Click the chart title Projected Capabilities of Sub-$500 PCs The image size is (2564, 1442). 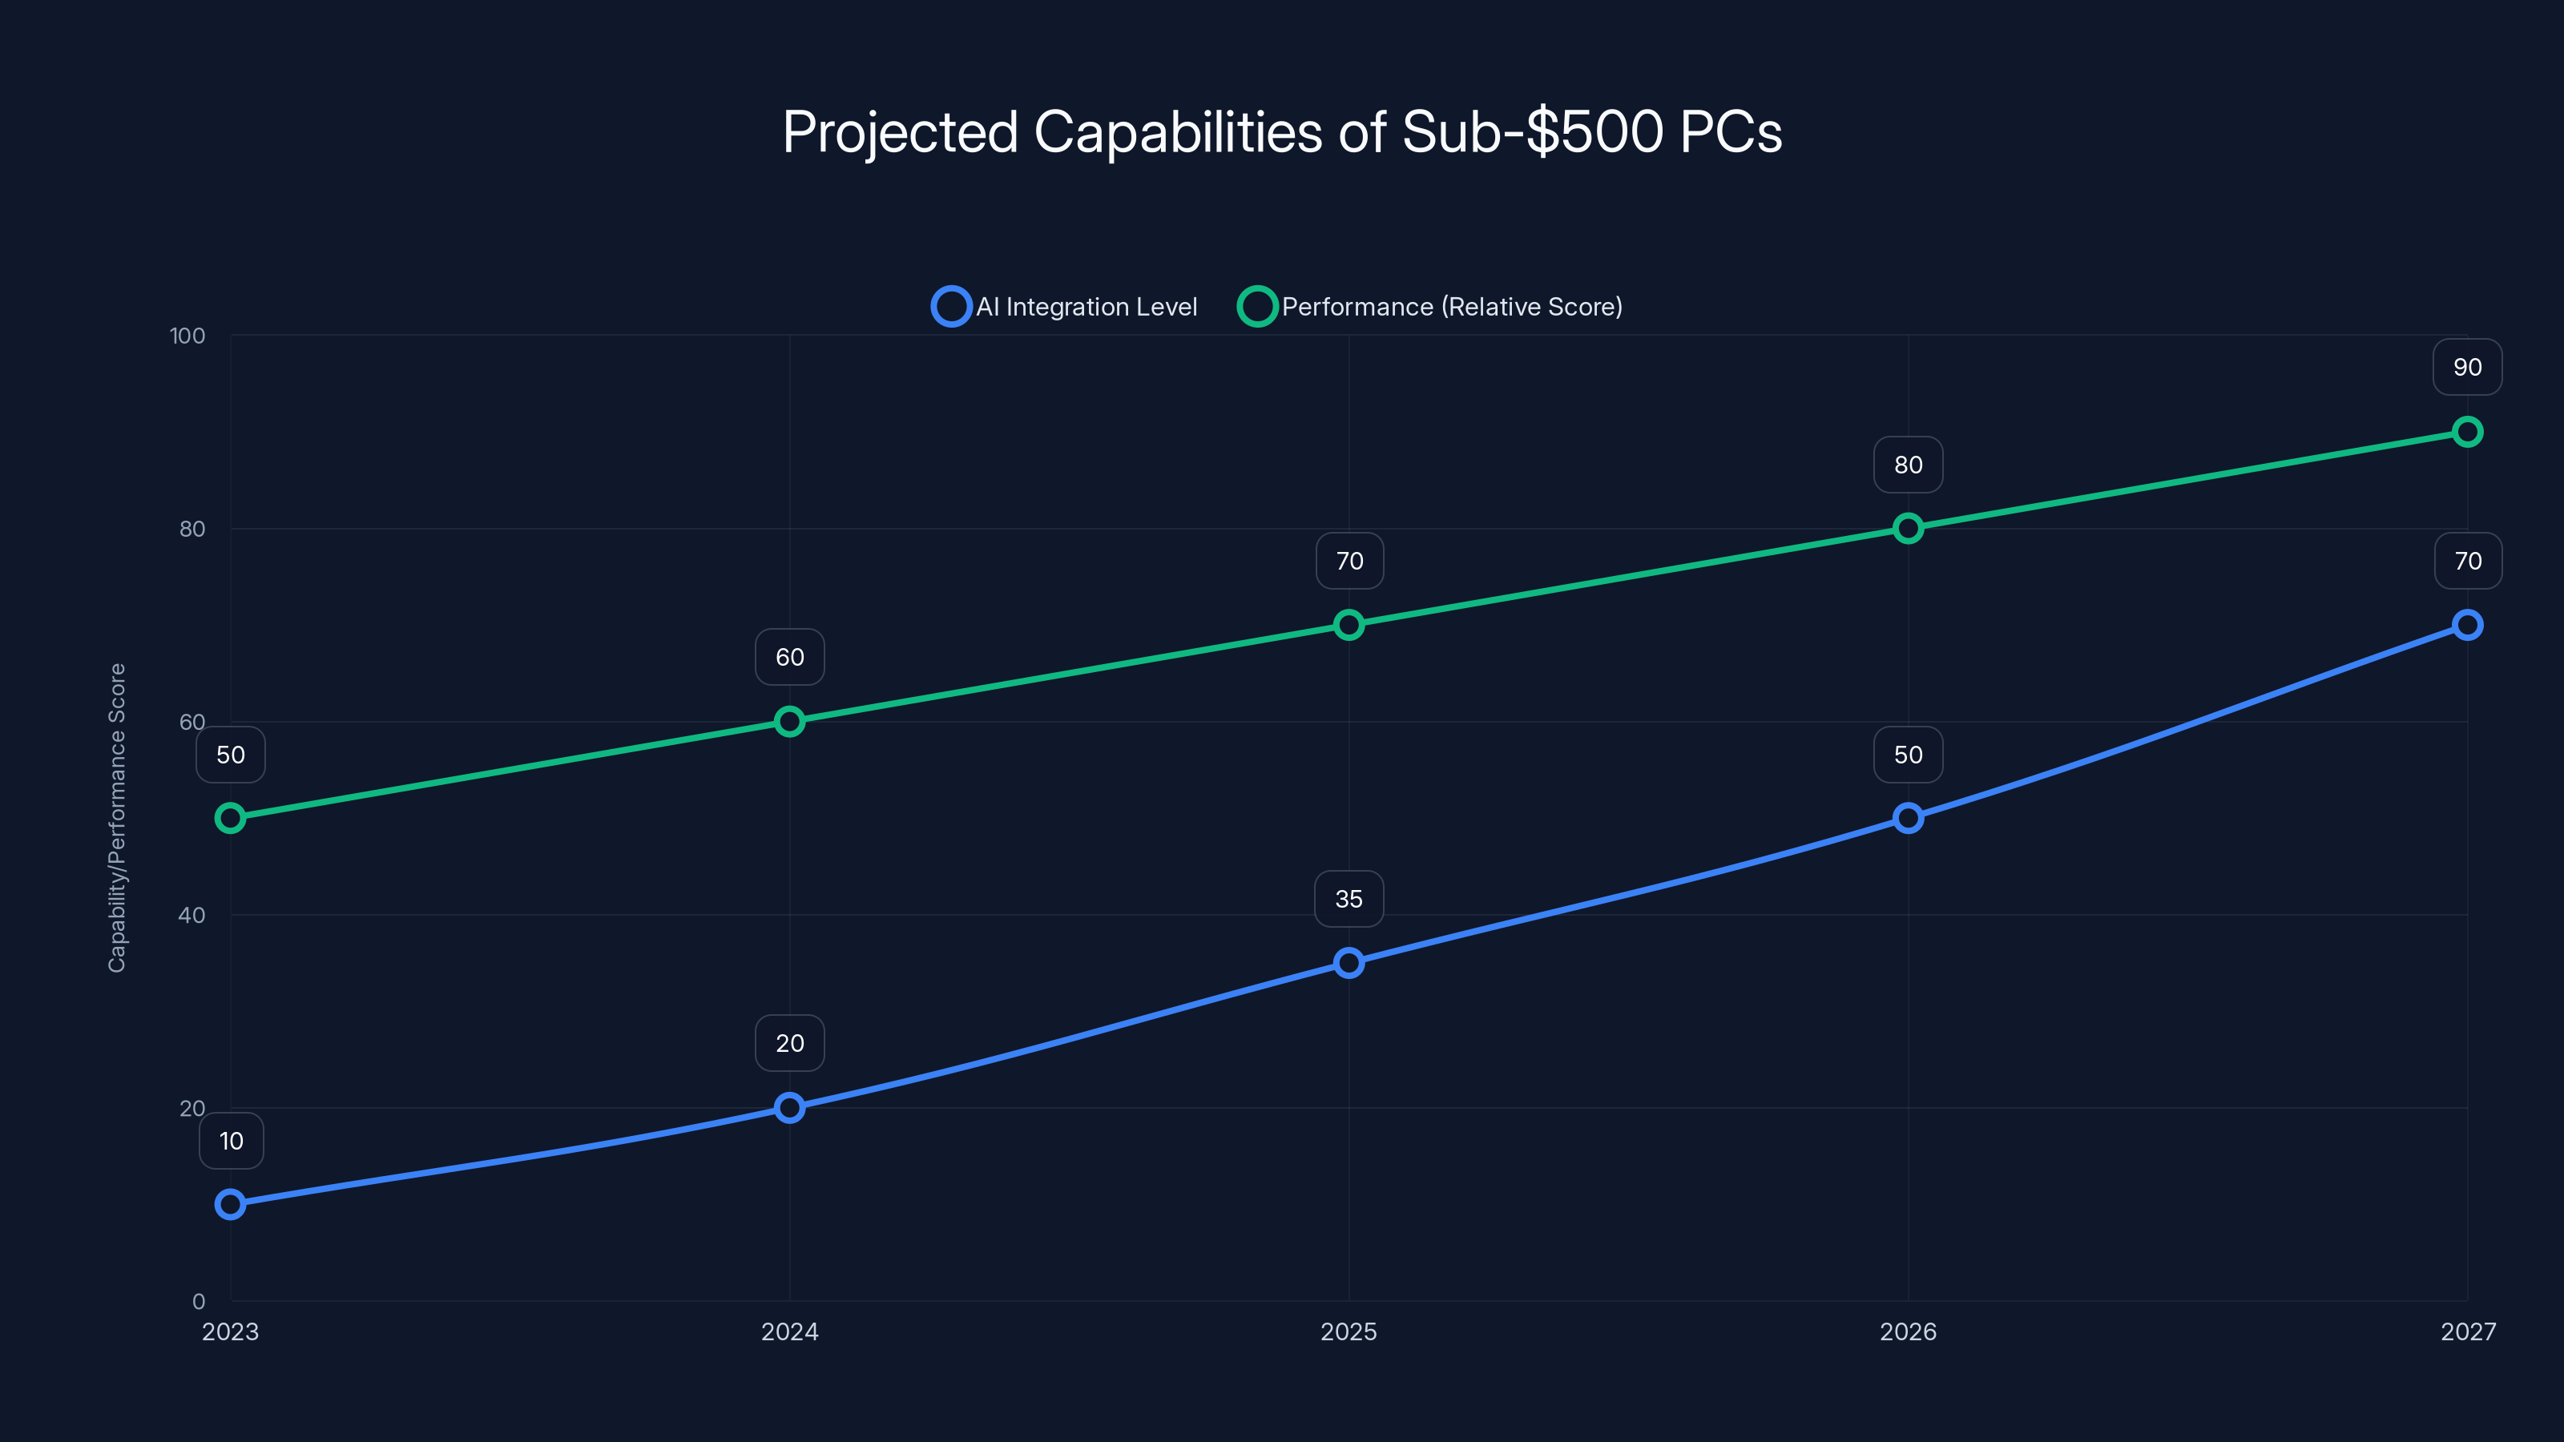tap(1282, 132)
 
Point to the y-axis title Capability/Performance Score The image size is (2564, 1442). tap(118, 817)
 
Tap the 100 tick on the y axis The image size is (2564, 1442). tap(187, 336)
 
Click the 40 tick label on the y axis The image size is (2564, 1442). tap(191, 916)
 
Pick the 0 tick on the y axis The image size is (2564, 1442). tap(198, 1302)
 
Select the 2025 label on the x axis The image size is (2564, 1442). tap(1349, 1331)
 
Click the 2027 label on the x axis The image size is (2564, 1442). tap(2468, 1331)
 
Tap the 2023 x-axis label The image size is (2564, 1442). tap(230, 1331)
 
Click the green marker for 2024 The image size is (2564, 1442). tap(789, 722)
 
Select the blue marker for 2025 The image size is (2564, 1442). tap(1349, 962)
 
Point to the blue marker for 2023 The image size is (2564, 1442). tap(230, 1204)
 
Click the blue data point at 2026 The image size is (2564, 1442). tap(1908, 818)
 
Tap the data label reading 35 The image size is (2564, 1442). tap(1349, 899)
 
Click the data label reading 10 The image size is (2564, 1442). tap(231, 1141)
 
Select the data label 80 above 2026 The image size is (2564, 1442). tap(1908, 465)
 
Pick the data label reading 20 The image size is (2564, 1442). tap(789, 1043)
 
